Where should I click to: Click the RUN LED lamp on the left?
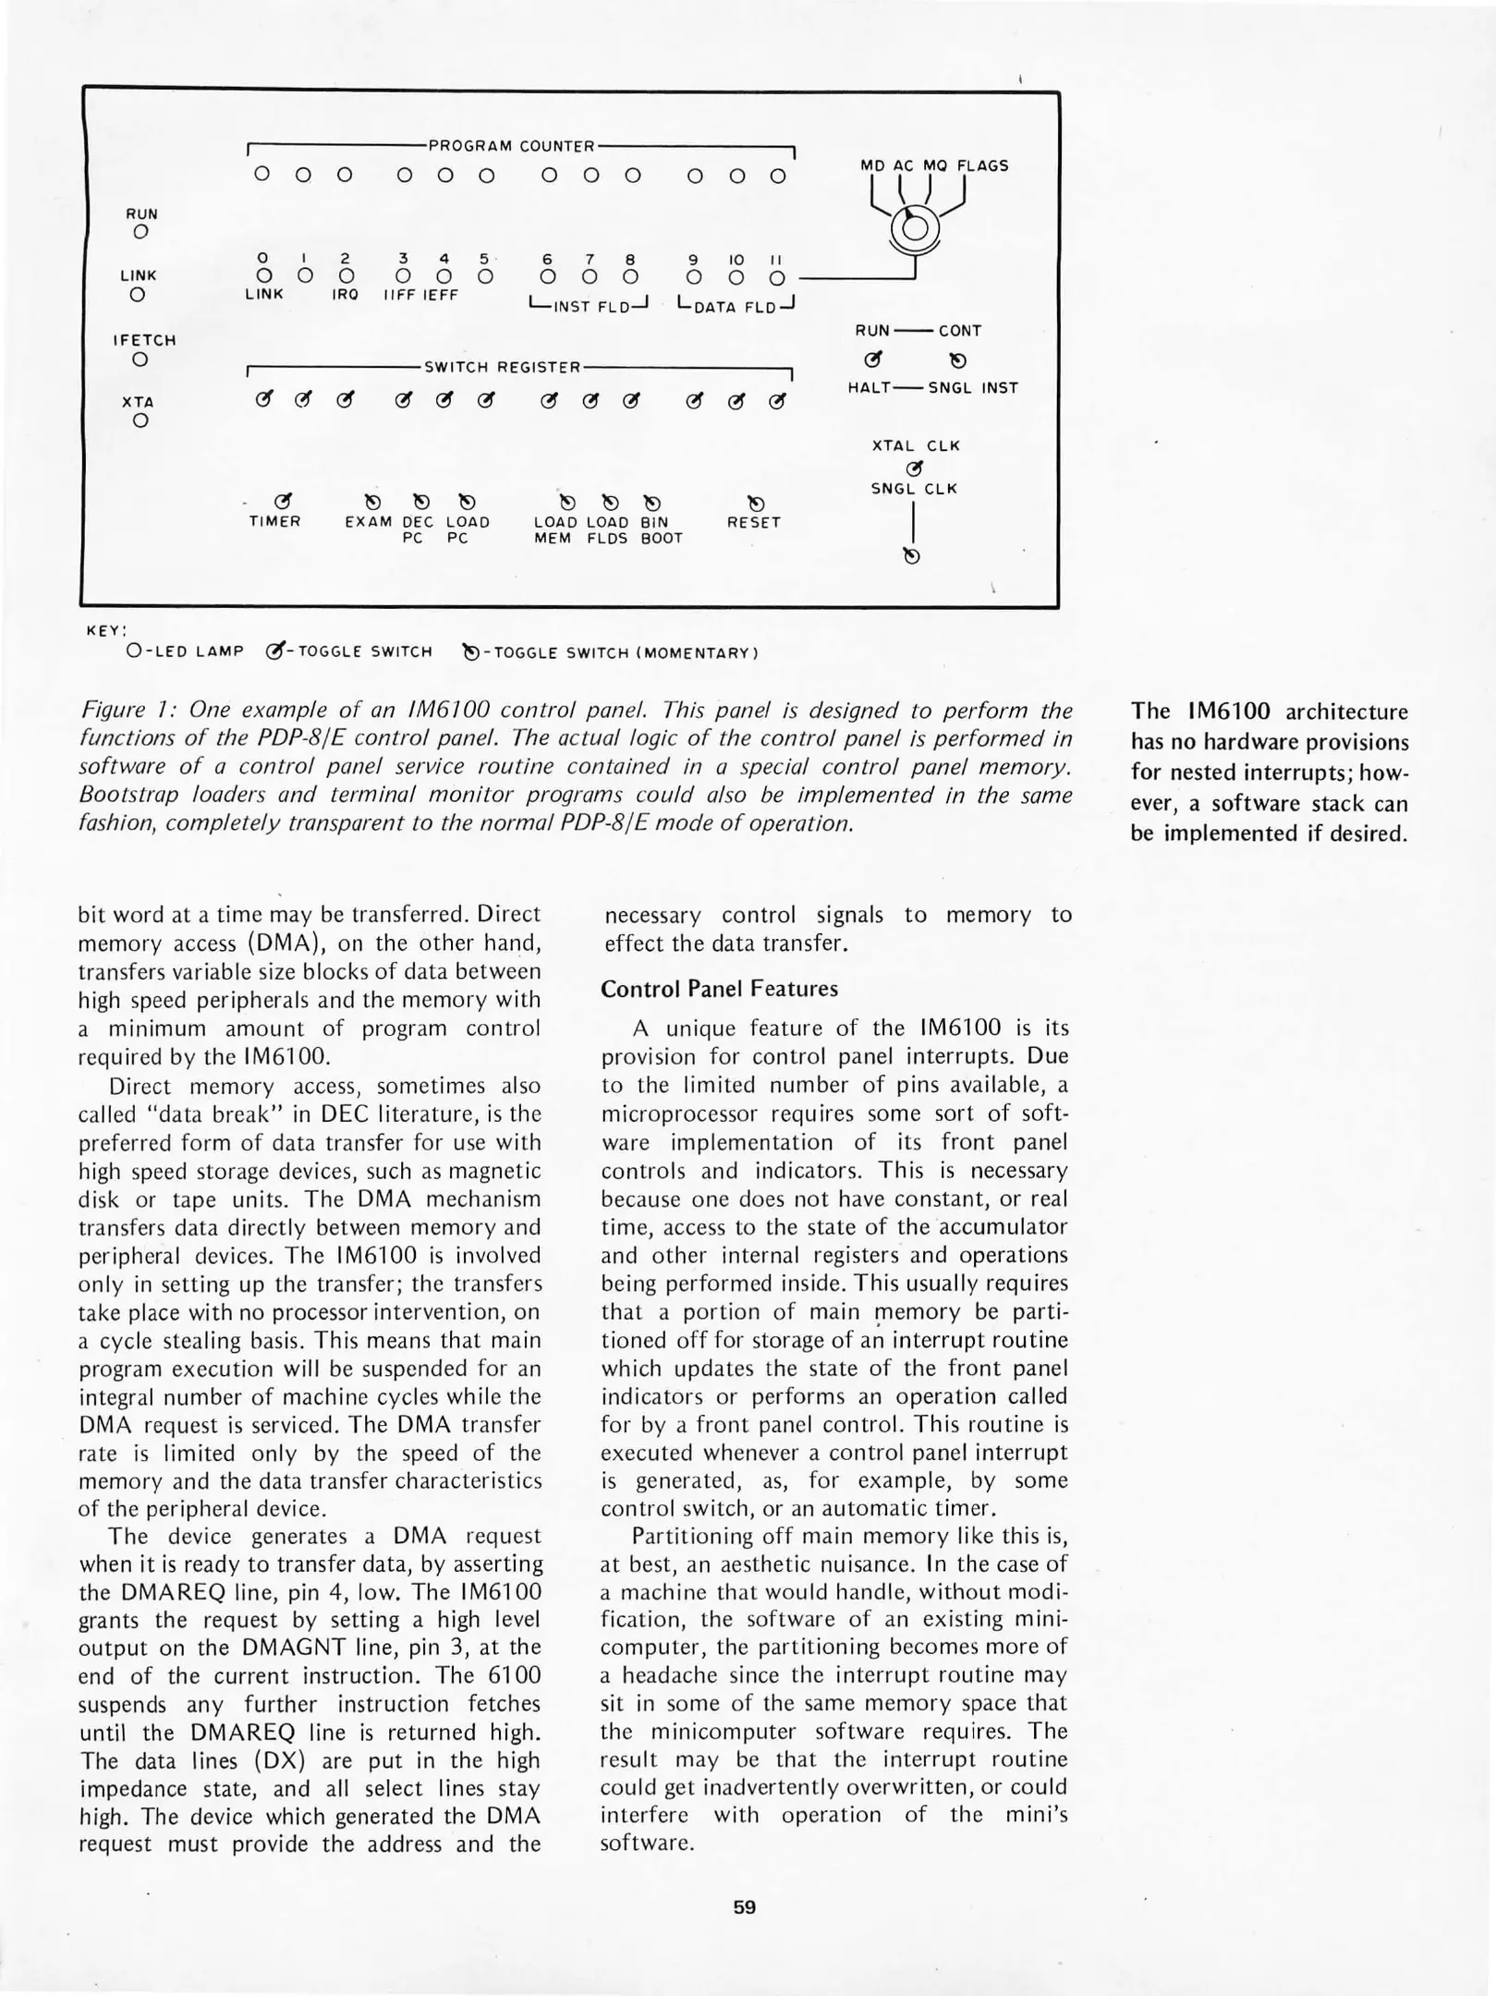coord(140,233)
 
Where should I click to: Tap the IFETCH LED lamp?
coord(140,359)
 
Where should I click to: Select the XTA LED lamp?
coord(140,421)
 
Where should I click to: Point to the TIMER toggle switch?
coord(283,502)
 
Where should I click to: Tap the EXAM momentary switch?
coord(372,502)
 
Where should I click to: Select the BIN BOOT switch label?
coord(661,530)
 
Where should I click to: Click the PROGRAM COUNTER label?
coord(511,146)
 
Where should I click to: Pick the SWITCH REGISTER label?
coord(502,367)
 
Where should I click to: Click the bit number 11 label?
coord(776,261)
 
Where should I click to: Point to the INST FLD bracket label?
coord(590,306)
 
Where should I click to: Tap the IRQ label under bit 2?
coord(345,295)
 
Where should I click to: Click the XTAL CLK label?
coord(916,445)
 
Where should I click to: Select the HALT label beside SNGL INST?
coord(869,388)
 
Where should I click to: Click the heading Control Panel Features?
coord(719,989)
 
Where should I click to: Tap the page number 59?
coord(744,1907)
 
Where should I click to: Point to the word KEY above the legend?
coord(104,630)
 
